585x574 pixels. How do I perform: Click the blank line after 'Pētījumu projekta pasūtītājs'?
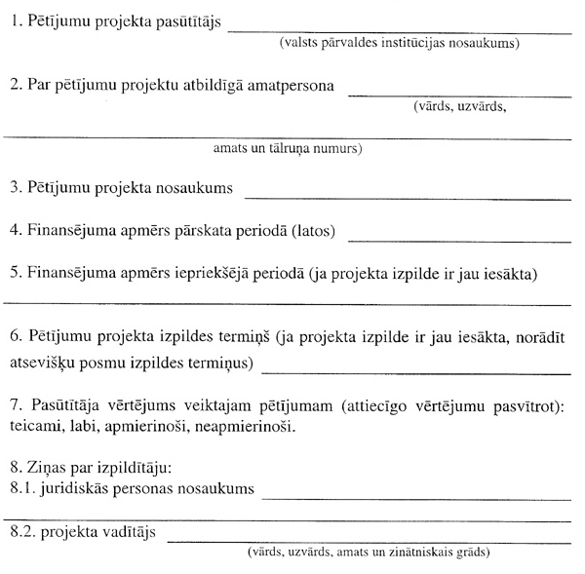point(400,32)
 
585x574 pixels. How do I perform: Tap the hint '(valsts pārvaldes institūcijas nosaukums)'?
point(399,44)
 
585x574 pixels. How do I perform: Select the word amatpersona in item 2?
point(292,86)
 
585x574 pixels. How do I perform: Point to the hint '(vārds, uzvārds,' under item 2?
point(459,107)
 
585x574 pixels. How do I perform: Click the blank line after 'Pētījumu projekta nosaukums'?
point(408,198)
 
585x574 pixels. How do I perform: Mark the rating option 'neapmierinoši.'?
point(246,427)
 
